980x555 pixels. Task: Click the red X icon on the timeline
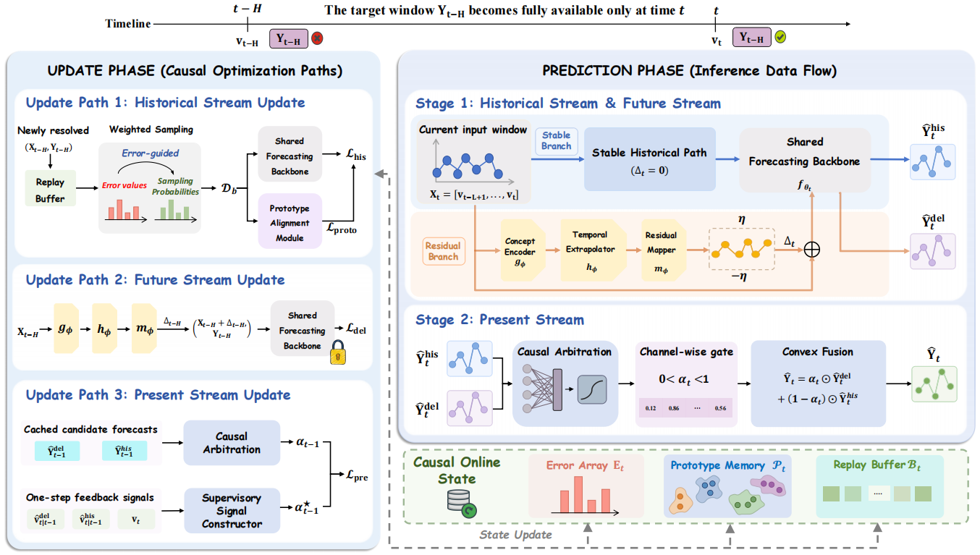pyautogui.click(x=317, y=38)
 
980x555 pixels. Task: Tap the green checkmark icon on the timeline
pyautogui.click(x=780, y=37)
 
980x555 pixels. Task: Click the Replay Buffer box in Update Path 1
pyautogui.click(x=51, y=188)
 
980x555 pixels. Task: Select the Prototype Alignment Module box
pyautogui.click(x=290, y=221)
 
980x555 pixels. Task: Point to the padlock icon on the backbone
pyautogui.click(x=338, y=352)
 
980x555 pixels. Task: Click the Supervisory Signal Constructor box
pyautogui.click(x=232, y=510)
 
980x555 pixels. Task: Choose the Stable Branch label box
pyautogui.click(x=556, y=141)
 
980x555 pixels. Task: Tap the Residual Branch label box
pyautogui.click(x=443, y=251)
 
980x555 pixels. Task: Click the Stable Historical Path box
pyautogui.click(x=650, y=159)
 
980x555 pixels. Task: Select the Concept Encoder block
pyautogui.click(x=522, y=250)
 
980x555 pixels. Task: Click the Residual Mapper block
pyautogui.click(x=662, y=250)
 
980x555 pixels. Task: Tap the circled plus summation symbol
pyautogui.click(x=812, y=250)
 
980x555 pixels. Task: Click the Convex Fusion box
pyautogui.click(x=818, y=384)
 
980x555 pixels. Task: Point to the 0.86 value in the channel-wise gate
pyautogui.click(x=674, y=408)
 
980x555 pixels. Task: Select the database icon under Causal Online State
pyautogui.click(x=462, y=504)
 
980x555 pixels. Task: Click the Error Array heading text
pyautogui.click(x=585, y=465)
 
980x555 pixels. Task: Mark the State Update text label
pyautogui.click(x=515, y=535)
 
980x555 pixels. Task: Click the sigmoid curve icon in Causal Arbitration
pyautogui.click(x=592, y=389)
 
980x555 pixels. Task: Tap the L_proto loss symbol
pyautogui.click(x=342, y=229)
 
